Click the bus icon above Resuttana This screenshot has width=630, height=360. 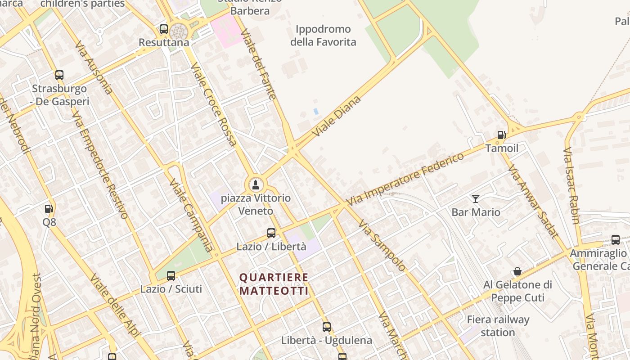click(x=164, y=29)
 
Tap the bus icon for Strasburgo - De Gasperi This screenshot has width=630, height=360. click(x=59, y=75)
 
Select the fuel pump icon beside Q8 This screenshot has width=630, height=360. click(x=49, y=209)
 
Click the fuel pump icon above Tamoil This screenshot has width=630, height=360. click(x=501, y=135)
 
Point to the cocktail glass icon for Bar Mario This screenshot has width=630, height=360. click(x=476, y=198)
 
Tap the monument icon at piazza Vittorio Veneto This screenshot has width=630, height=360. click(x=256, y=184)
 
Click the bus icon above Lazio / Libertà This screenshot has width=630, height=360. click(x=271, y=233)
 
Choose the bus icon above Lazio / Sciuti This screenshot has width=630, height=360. click(x=171, y=275)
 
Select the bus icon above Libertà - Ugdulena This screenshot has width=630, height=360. click(x=327, y=327)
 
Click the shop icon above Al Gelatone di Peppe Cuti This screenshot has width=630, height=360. click(x=517, y=271)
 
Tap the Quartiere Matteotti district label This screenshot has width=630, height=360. click(x=274, y=284)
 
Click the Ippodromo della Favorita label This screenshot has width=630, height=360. click(x=323, y=36)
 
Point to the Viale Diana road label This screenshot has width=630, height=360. click(x=337, y=116)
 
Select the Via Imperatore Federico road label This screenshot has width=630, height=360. click(x=405, y=179)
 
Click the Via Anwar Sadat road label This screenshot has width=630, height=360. click(x=533, y=201)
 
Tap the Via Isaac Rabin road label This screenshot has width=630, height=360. click(x=571, y=185)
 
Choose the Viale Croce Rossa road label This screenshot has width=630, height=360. click(x=214, y=104)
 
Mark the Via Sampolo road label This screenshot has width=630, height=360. click(x=382, y=245)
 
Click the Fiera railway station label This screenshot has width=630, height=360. click(x=498, y=326)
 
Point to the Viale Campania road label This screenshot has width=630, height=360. click(x=191, y=215)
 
